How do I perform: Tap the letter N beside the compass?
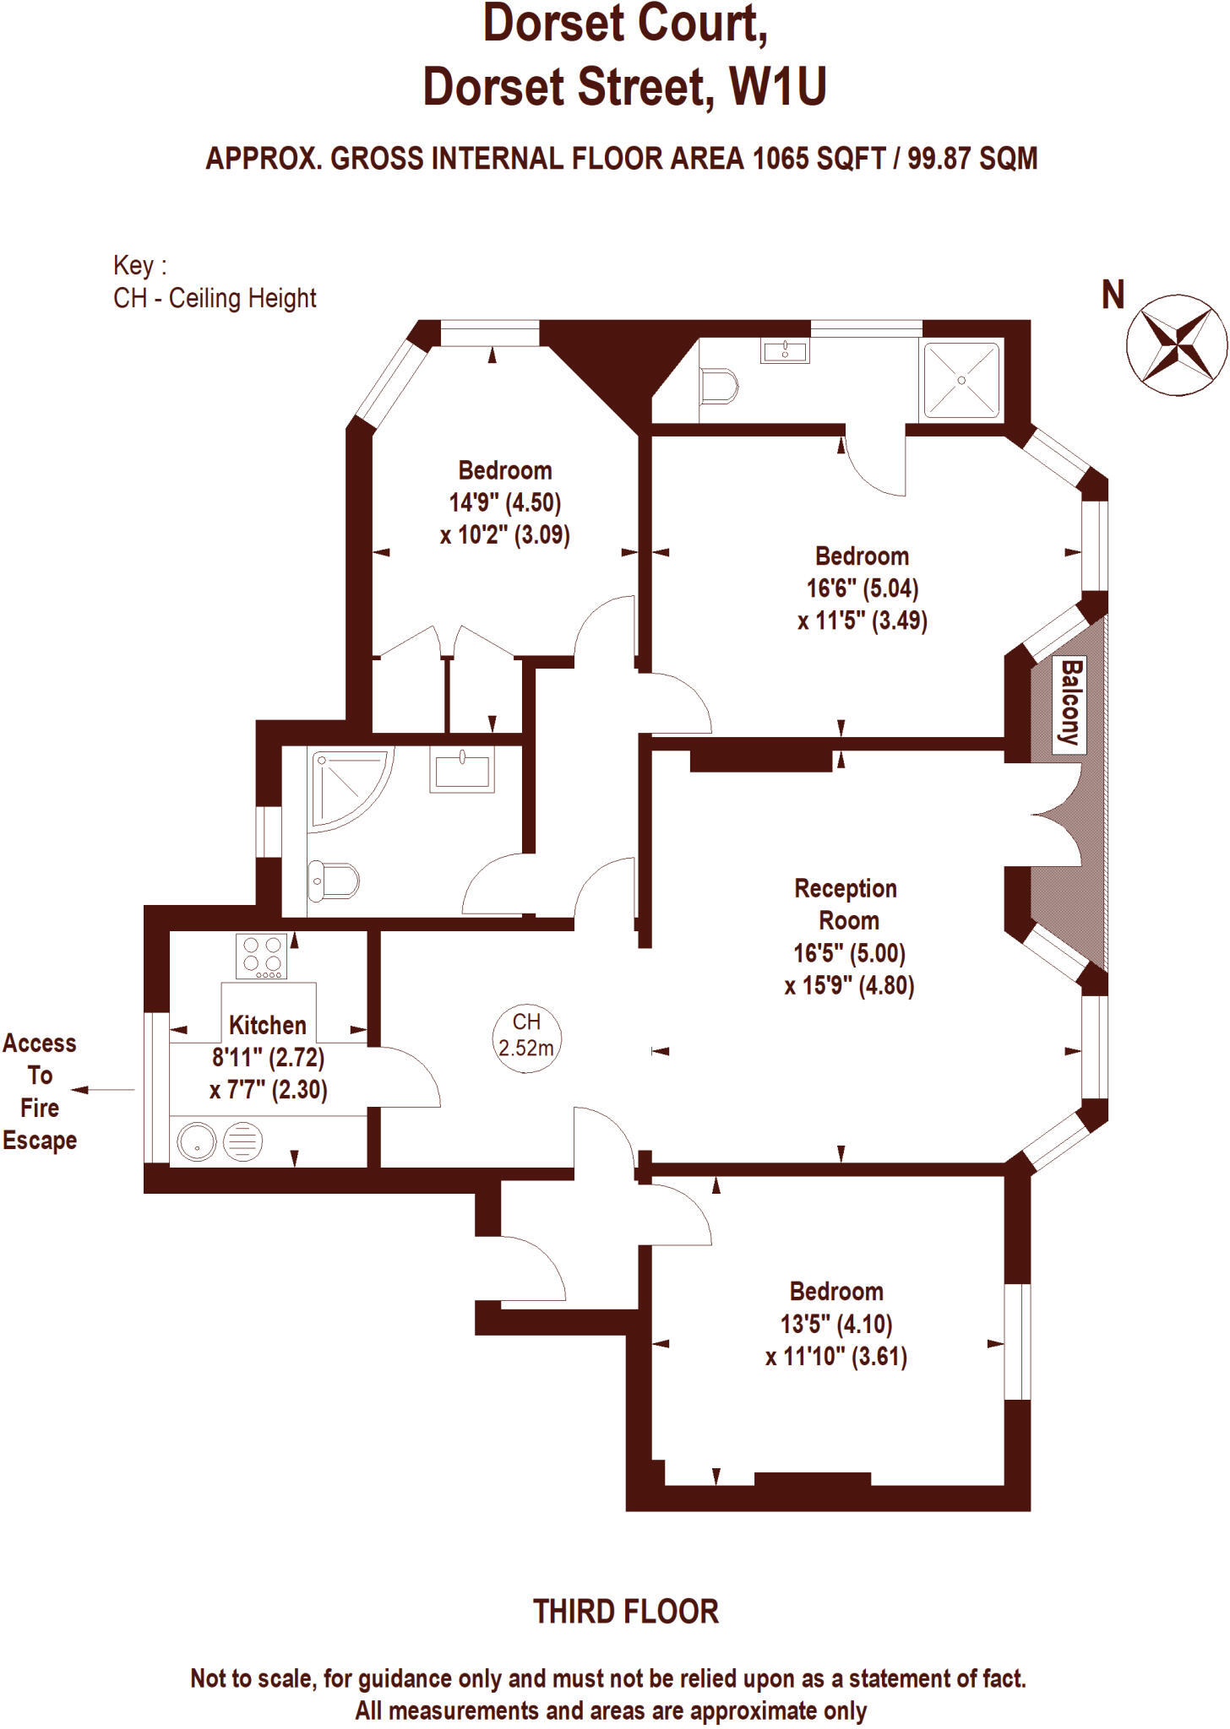1113,295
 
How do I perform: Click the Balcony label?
1070,702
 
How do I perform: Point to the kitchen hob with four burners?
262,957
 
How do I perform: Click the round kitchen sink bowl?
197,1142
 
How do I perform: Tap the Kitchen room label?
268,1025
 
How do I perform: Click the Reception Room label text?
846,904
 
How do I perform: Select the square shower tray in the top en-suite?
961,380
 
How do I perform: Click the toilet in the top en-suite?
719,388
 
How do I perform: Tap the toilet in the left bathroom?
334,881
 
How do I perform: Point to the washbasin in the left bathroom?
461,770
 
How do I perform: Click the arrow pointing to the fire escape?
102,1090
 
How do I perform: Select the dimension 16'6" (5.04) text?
863,588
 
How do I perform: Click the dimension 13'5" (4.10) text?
836,1324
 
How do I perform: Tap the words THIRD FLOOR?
625,1612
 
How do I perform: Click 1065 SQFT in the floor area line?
819,159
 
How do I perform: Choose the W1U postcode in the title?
778,87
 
